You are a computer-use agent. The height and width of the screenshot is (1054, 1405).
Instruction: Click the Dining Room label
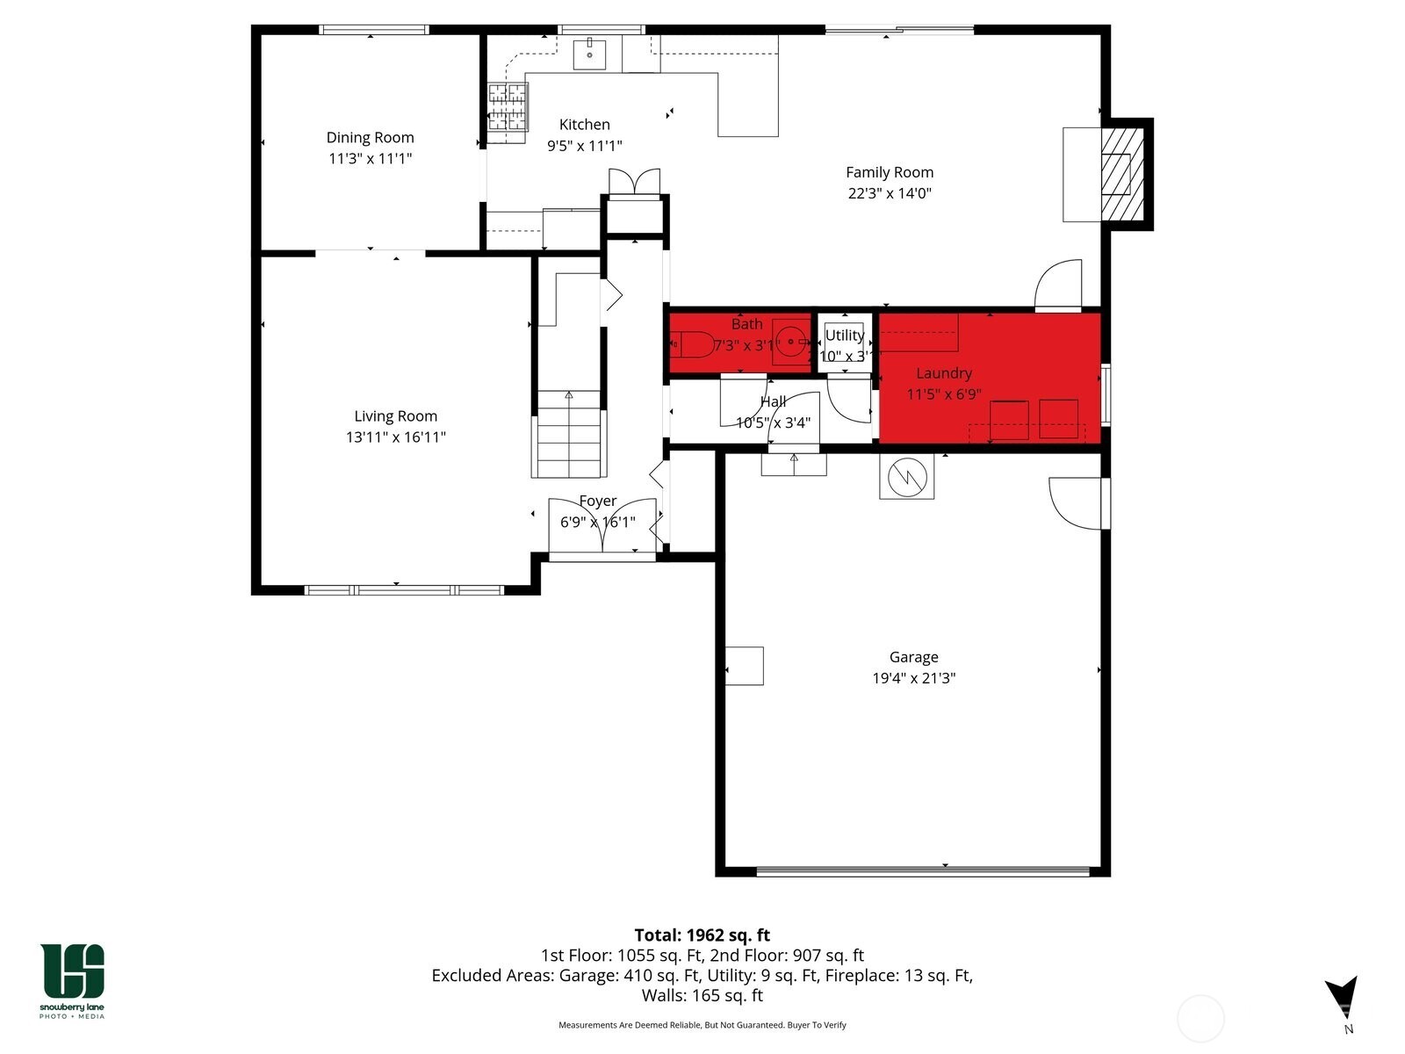pyautogui.click(x=370, y=138)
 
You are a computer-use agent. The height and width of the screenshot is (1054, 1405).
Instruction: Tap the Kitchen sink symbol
pyautogui.click(x=590, y=54)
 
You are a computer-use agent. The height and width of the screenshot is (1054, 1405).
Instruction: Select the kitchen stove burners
pyautogui.click(x=508, y=106)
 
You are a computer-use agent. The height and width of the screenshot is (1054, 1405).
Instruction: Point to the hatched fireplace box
pyautogui.click(x=1122, y=174)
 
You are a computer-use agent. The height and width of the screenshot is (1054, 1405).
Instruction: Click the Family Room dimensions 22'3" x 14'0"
pyautogui.click(x=889, y=193)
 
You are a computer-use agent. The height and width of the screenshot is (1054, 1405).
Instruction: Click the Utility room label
pyautogui.click(x=844, y=336)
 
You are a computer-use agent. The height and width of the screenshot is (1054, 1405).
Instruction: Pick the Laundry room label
pyautogui.click(x=943, y=373)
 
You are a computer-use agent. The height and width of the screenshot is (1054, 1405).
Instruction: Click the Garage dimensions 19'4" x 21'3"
pyautogui.click(x=913, y=678)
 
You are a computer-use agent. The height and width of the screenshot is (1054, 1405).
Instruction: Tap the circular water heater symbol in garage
pyautogui.click(x=906, y=477)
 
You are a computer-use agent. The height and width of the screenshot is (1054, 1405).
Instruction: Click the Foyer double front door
pyautogui.click(x=602, y=526)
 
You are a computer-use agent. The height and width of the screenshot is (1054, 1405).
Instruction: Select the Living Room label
pyautogui.click(x=395, y=416)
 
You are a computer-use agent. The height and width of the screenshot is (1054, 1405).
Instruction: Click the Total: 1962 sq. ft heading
pyautogui.click(x=702, y=935)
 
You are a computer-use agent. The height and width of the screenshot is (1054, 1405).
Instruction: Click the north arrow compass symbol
pyautogui.click(x=1343, y=999)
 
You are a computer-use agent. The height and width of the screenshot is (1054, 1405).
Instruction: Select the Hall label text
pyautogui.click(x=773, y=401)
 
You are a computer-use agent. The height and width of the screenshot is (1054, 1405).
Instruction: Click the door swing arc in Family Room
pyautogui.click(x=1059, y=285)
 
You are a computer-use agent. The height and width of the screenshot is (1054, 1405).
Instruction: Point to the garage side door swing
pyautogui.click(x=1077, y=503)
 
